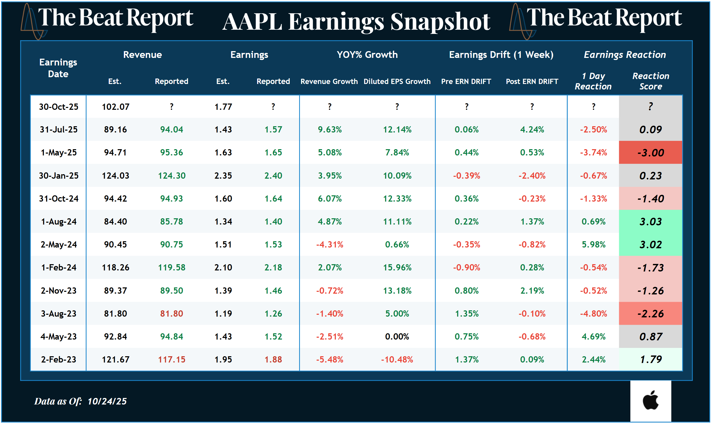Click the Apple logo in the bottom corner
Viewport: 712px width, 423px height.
click(x=650, y=401)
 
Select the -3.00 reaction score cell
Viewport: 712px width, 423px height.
click(x=650, y=153)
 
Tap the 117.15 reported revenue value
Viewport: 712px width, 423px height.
click(x=172, y=359)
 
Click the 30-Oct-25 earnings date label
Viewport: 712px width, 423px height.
click(x=58, y=107)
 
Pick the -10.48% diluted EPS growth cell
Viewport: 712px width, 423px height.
click(x=397, y=359)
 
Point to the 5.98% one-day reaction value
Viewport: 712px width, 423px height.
click(x=593, y=245)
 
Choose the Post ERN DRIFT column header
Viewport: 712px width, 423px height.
click(x=532, y=82)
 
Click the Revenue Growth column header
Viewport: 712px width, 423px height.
click(x=329, y=82)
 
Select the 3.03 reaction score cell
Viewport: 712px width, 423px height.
click(x=650, y=221)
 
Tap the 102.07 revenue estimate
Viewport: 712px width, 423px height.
click(x=116, y=107)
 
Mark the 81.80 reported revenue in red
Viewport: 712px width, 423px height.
click(x=172, y=313)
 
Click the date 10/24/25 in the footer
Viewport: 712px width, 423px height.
click(x=107, y=401)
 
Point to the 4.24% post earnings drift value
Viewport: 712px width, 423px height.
click(x=532, y=130)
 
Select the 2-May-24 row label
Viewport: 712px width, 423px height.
click(x=58, y=245)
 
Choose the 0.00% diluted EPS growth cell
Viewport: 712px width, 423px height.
click(x=397, y=337)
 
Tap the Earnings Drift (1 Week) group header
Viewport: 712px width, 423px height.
click(x=501, y=55)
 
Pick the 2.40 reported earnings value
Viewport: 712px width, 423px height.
click(x=273, y=176)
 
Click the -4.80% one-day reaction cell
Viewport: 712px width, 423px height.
click(x=593, y=313)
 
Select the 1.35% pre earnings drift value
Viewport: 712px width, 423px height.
click(x=467, y=313)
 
